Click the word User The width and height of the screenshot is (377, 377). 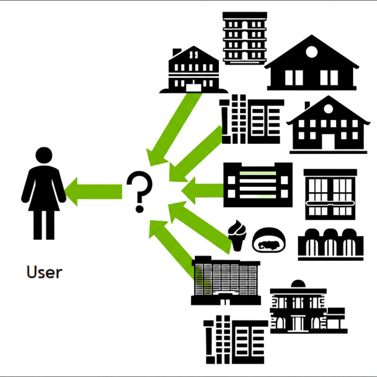pos(44,272)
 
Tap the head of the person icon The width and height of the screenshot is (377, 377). pos(44,155)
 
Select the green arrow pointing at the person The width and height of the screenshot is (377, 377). pos(94,191)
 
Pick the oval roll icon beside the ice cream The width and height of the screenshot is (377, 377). pos(269,240)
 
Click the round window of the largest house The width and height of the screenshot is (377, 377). pos(311,52)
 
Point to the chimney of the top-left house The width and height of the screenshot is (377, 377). pos(177,52)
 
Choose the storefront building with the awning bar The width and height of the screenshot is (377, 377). pos(330,194)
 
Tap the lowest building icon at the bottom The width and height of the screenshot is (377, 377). pos(236,339)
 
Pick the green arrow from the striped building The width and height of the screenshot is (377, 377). pos(202,190)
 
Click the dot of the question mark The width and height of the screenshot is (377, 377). pos(139,209)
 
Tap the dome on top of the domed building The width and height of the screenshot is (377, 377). pos(298,284)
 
